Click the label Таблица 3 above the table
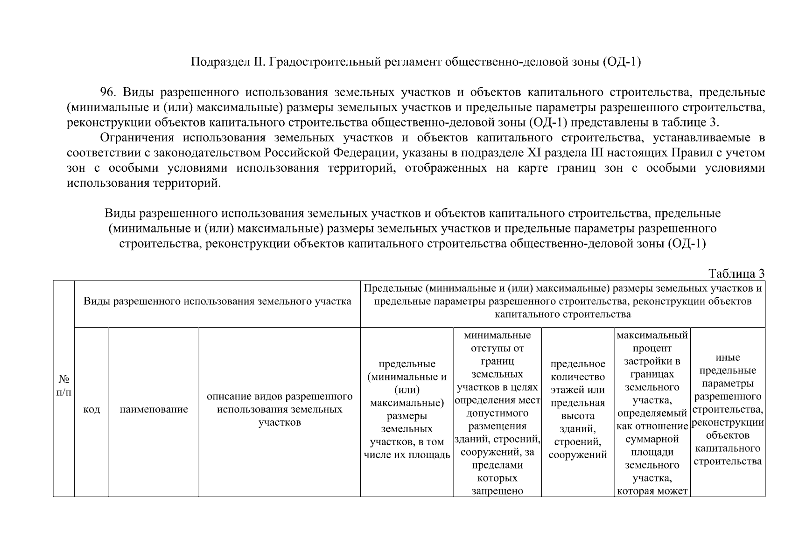click(x=736, y=273)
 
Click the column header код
click(x=91, y=410)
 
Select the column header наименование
click(x=154, y=410)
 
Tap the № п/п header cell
click(x=63, y=385)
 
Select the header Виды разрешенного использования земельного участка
click(x=217, y=301)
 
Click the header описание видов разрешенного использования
click(x=279, y=409)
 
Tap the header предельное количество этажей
click(x=577, y=409)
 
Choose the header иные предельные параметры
click(x=727, y=409)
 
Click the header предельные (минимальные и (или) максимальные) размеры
click(x=407, y=409)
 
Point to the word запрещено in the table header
click(x=497, y=491)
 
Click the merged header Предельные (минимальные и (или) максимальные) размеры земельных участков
click(x=562, y=301)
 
